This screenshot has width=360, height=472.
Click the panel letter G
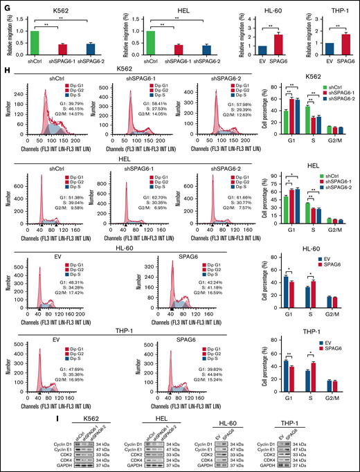point(6,6)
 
